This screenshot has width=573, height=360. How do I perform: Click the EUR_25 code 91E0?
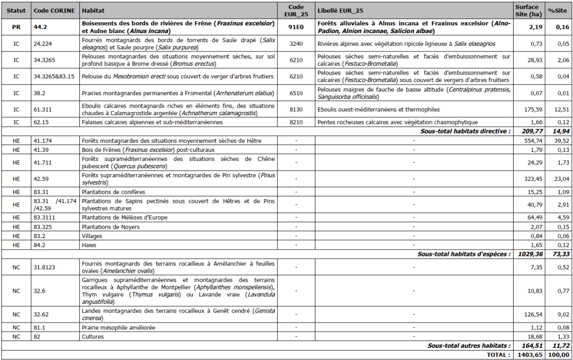296,27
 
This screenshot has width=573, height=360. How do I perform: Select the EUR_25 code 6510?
296,93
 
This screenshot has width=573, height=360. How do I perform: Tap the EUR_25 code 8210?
296,122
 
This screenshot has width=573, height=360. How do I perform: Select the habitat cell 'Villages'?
93,236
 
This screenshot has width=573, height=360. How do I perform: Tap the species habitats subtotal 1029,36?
527,254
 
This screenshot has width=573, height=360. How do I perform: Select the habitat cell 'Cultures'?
93,336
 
